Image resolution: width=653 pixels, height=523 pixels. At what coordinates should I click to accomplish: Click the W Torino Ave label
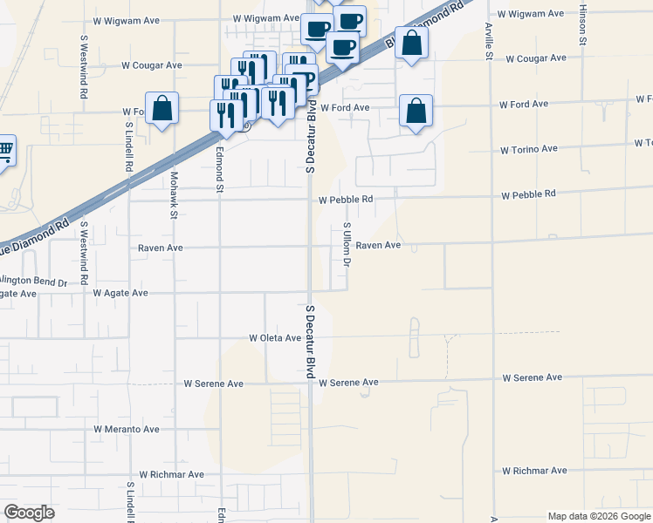(528, 149)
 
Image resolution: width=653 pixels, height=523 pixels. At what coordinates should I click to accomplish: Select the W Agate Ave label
(120, 293)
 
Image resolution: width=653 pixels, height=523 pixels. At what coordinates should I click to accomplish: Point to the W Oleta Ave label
(274, 337)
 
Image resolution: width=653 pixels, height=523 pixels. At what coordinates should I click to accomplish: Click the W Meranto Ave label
(127, 429)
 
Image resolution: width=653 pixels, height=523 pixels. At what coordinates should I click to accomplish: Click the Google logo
(29, 512)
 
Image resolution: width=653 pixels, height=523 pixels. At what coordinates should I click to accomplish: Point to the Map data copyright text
(599, 516)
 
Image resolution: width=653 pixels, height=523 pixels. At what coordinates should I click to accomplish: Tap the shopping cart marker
(4, 151)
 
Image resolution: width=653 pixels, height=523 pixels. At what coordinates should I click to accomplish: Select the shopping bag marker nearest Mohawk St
(162, 109)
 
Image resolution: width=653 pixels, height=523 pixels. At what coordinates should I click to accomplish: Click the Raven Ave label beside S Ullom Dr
(378, 246)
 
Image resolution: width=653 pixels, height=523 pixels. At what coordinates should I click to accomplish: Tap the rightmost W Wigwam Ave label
(531, 14)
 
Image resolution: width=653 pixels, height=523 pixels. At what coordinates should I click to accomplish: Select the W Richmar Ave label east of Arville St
(531, 471)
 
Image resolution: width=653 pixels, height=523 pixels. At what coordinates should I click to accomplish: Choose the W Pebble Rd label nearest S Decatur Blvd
(346, 199)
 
